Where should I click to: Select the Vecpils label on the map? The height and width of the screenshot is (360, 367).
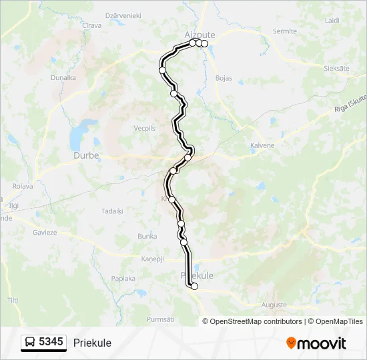coord(144,128)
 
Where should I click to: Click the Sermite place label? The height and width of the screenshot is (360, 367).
coord(284,31)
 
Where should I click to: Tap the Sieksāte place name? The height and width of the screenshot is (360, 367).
coord(336,69)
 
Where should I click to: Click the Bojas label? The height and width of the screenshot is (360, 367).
coord(224,78)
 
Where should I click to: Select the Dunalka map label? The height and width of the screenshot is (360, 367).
coord(63,77)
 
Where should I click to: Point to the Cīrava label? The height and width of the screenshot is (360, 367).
coord(91,25)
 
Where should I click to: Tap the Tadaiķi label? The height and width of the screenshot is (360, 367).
coord(111,211)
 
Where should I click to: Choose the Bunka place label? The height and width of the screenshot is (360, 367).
coord(147,236)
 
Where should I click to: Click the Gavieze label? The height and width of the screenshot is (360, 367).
coord(45,232)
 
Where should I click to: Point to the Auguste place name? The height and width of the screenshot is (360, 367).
coord(275,305)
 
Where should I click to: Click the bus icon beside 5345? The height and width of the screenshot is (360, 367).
coord(30,343)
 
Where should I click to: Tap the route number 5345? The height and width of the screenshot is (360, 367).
coord(51,343)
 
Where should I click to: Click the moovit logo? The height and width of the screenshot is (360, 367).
coord(316,343)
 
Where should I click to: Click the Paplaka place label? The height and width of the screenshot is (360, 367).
coord(123,279)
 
